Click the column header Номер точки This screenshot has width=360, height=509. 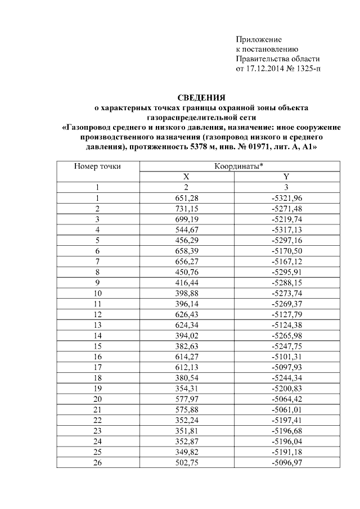(97, 166)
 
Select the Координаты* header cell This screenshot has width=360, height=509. (240, 166)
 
